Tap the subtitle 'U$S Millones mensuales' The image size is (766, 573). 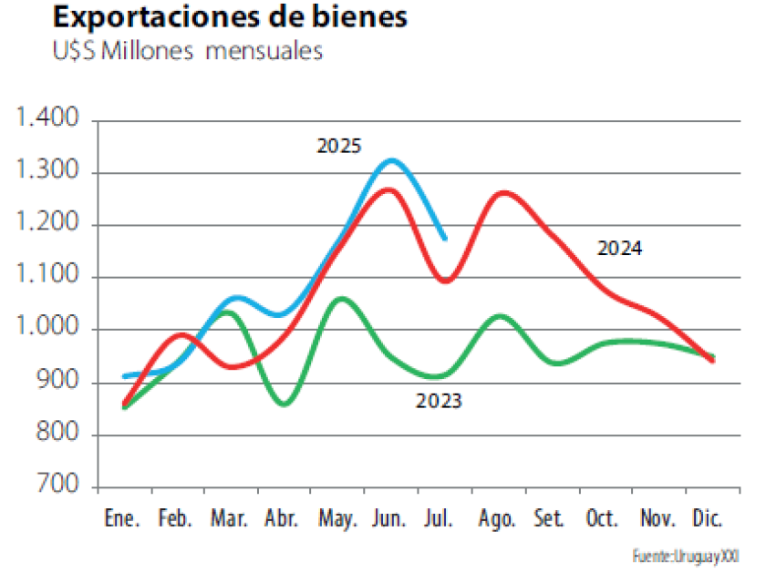coord(187,51)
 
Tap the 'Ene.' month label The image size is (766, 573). coord(122,519)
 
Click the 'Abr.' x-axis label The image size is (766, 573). coord(282,519)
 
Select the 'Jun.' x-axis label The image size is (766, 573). coord(389,519)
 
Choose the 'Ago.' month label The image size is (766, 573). coord(498,519)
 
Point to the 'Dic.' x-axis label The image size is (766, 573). coord(707,519)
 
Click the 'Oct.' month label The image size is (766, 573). coord(603,519)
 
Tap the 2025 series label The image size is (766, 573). coord(339,146)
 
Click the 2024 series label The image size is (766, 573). coord(619,248)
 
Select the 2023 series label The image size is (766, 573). coord(439,400)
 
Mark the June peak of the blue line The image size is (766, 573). coord(390,160)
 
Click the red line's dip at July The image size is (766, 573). coord(445,281)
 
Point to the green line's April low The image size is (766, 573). coord(283,404)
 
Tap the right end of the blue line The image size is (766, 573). coord(444,239)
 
